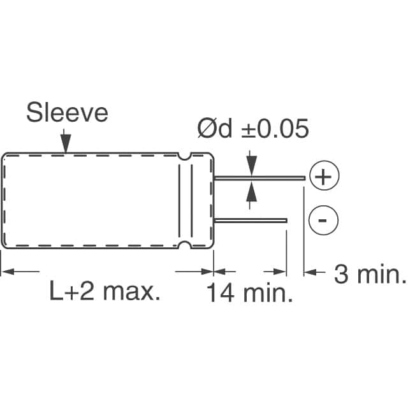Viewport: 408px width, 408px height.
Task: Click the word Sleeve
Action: [67, 113]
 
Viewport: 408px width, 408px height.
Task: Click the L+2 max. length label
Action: [105, 293]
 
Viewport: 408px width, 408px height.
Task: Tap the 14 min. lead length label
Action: [249, 294]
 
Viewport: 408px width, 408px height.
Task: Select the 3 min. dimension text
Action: [370, 275]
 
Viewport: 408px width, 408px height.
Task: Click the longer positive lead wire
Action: [261, 178]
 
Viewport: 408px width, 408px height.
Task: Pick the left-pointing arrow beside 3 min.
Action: [310, 272]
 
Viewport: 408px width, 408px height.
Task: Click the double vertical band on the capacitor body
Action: [186, 200]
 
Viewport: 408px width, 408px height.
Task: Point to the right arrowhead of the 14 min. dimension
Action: [280, 272]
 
